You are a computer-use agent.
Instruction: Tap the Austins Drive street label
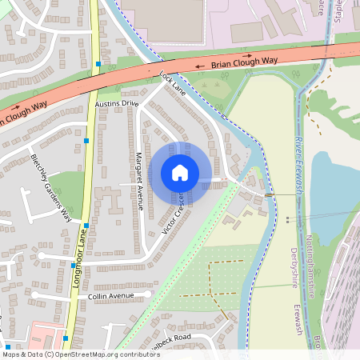(x=117, y=104)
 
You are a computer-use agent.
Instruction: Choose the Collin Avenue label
(x=110, y=296)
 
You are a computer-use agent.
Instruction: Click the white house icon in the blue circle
(x=180, y=172)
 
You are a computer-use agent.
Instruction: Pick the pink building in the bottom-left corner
(x=44, y=335)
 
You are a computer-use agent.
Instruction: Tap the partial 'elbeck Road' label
(x=172, y=338)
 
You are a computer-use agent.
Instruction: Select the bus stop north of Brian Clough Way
(x=98, y=64)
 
